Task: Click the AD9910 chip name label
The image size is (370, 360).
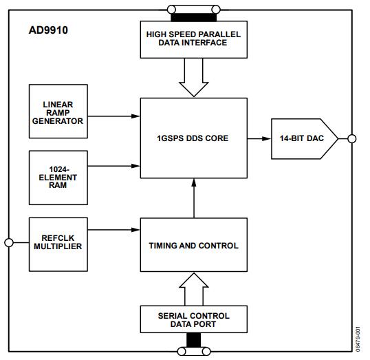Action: pos(48,30)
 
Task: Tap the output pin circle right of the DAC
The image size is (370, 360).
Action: pos(352,138)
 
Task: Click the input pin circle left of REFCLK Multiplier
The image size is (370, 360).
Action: pos(9,242)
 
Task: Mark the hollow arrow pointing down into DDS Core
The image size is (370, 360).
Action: pos(194,78)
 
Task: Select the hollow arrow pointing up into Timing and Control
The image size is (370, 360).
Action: pos(194,289)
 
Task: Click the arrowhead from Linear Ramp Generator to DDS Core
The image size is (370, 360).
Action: pos(135,116)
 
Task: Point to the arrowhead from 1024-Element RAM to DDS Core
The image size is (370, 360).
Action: pos(135,166)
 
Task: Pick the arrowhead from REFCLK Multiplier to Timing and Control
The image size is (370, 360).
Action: pos(135,230)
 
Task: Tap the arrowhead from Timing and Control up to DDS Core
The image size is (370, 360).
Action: pos(194,183)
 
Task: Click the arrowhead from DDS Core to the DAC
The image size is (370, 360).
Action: pos(267,138)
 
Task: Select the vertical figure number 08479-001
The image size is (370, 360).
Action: pos(358,339)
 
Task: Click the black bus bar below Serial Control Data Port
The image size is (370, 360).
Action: pos(194,341)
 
